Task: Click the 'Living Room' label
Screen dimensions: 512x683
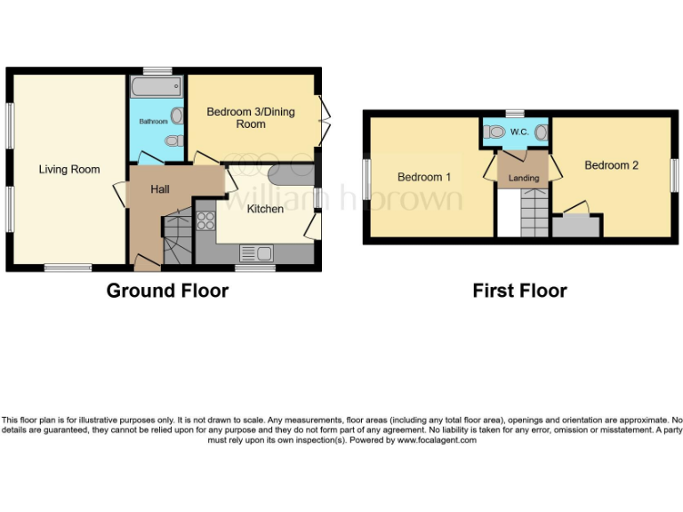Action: coord(69,169)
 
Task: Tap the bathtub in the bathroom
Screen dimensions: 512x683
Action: coord(157,88)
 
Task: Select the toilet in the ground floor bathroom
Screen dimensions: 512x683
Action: coord(176,116)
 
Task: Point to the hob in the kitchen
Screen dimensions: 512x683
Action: coord(205,220)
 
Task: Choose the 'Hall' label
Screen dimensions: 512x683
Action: coord(159,189)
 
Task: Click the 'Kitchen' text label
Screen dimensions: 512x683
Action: coord(265,209)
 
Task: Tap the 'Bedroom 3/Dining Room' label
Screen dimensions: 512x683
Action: coord(250,117)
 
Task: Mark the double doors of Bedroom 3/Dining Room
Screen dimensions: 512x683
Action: coord(326,112)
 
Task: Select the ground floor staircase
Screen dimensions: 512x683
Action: coord(177,237)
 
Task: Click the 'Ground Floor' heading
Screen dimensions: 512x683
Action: coord(167,291)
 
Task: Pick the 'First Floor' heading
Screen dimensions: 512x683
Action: coord(519,291)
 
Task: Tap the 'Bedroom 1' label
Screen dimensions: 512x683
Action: coord(424,177)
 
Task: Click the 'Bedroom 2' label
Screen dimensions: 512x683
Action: coord(611,165)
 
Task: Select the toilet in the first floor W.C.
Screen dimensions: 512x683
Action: coord(496,132)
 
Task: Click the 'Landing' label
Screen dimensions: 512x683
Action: coord(524,178)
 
